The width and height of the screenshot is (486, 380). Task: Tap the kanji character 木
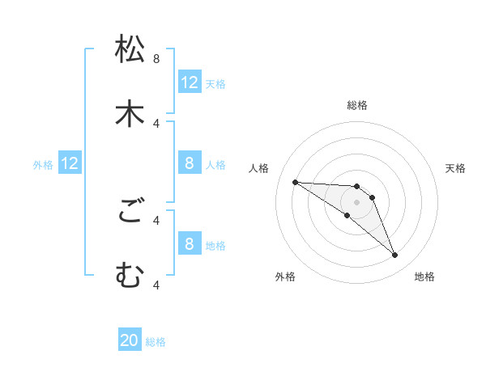(x=130, y=113)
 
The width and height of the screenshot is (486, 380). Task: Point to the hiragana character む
(x=130, y=276)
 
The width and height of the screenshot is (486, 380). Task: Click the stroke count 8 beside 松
(x=156, y=59)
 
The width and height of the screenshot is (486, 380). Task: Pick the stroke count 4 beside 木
(x=156, y=123)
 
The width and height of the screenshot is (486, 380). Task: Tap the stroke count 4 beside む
(x=156, y=285)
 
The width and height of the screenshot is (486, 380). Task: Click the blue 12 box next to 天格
(x=190, y=82)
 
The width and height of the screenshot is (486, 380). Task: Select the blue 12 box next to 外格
(x=70, y=163)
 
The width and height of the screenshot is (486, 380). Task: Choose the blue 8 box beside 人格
(x=190, y=163)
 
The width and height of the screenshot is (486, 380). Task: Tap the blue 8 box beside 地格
(x=190, y=244)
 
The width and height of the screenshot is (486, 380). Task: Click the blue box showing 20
(x=130, y=341)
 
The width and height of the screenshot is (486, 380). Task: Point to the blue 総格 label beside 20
(x=156, y=342)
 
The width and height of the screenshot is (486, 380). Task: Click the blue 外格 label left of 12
(x=43, y=164)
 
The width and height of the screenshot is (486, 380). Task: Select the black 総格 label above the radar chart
(x=357, y=105)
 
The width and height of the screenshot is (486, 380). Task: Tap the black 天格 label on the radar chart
(x=455, y=168)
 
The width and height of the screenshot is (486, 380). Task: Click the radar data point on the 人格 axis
(x=295, y=182)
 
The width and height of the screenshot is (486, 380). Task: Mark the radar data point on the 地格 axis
(x=394, y=255)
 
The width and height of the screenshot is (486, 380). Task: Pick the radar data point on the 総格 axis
(x=356, y=186)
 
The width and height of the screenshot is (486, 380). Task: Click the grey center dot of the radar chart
(x=356, y=202)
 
